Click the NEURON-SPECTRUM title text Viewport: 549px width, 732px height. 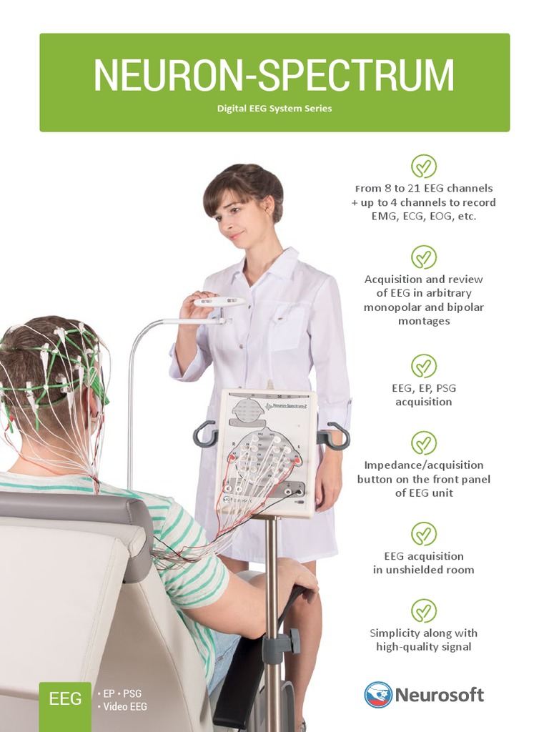click(274, 75)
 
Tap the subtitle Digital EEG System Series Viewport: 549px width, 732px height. click(274, 109)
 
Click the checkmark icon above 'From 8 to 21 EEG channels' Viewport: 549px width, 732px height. click(424, 166)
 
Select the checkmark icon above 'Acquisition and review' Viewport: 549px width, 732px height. click(424, 257)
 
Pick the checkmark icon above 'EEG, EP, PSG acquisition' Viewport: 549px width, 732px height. click(424, 366)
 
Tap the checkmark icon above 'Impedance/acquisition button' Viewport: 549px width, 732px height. click(424, 443)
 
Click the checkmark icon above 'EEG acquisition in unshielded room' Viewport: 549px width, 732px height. click(424, 534)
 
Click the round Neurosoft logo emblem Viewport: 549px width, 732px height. click(377, 695)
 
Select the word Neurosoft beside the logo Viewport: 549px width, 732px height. click(439, 695)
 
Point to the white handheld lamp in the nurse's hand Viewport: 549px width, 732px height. click(219, 302)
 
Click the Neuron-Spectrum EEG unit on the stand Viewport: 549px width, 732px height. click(266, 450)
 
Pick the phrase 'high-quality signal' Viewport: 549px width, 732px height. click(424, 647)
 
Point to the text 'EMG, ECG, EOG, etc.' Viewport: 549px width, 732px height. click(424, 216)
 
